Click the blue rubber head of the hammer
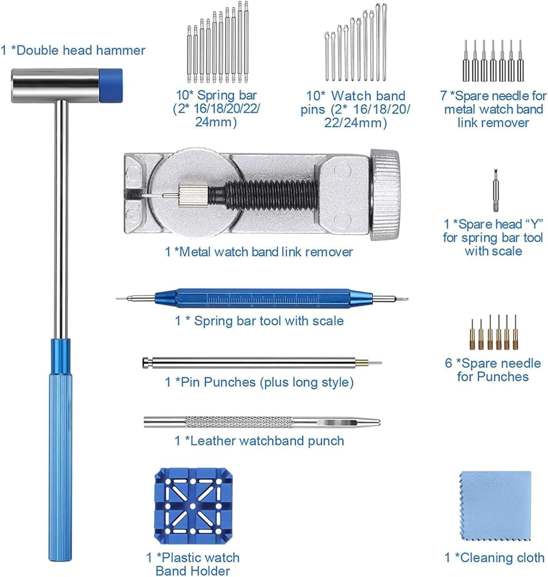coord(111,85)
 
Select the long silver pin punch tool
coord(250,362)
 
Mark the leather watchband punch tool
coord(262,422)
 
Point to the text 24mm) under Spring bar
coord(216,122)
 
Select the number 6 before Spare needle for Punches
coord(448,363)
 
